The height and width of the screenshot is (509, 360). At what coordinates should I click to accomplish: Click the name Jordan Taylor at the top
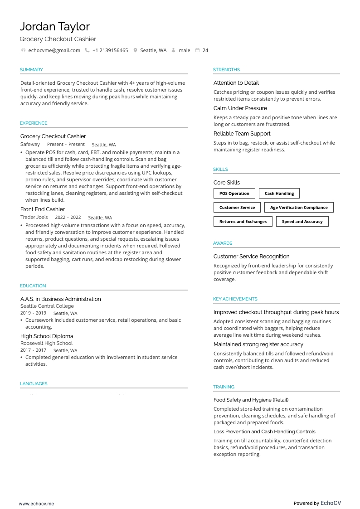pos(54,26)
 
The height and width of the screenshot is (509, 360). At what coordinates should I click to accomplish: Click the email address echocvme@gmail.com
pos(54,50)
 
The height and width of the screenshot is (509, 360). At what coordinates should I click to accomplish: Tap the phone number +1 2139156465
pos(110,50)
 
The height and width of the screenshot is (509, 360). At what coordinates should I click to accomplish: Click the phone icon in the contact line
pos(87,50)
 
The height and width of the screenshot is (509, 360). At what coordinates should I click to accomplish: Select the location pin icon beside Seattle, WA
pos(135,50)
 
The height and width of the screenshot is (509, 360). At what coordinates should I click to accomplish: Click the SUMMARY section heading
pos(31,70)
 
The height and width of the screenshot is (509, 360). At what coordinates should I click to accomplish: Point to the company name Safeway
pos(30,144)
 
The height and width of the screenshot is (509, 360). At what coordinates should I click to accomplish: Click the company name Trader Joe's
pos(34,217)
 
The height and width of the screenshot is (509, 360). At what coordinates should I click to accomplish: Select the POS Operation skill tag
pos(234,194)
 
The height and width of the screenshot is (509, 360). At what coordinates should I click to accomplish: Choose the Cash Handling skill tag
pos(279,194)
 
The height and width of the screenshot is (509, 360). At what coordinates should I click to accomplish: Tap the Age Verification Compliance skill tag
pos(299,208)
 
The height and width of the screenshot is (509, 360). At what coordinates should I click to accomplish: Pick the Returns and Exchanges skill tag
pos(243,222)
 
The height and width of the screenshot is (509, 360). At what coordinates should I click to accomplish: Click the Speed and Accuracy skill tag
pos(302,222)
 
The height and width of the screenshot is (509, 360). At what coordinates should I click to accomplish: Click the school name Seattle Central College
pos(47,306)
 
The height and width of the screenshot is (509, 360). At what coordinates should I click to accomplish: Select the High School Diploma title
pos(47,336)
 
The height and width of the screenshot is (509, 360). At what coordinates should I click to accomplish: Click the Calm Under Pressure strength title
pos(240,108)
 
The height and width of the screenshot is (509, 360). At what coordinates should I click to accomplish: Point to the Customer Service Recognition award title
pos(251,257)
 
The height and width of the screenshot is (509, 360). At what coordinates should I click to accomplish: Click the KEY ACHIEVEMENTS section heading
pos(235,299)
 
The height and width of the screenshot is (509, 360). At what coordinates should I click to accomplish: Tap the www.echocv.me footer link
pos(36,504)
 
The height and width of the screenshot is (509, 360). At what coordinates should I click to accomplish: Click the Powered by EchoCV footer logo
pos(317,503)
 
